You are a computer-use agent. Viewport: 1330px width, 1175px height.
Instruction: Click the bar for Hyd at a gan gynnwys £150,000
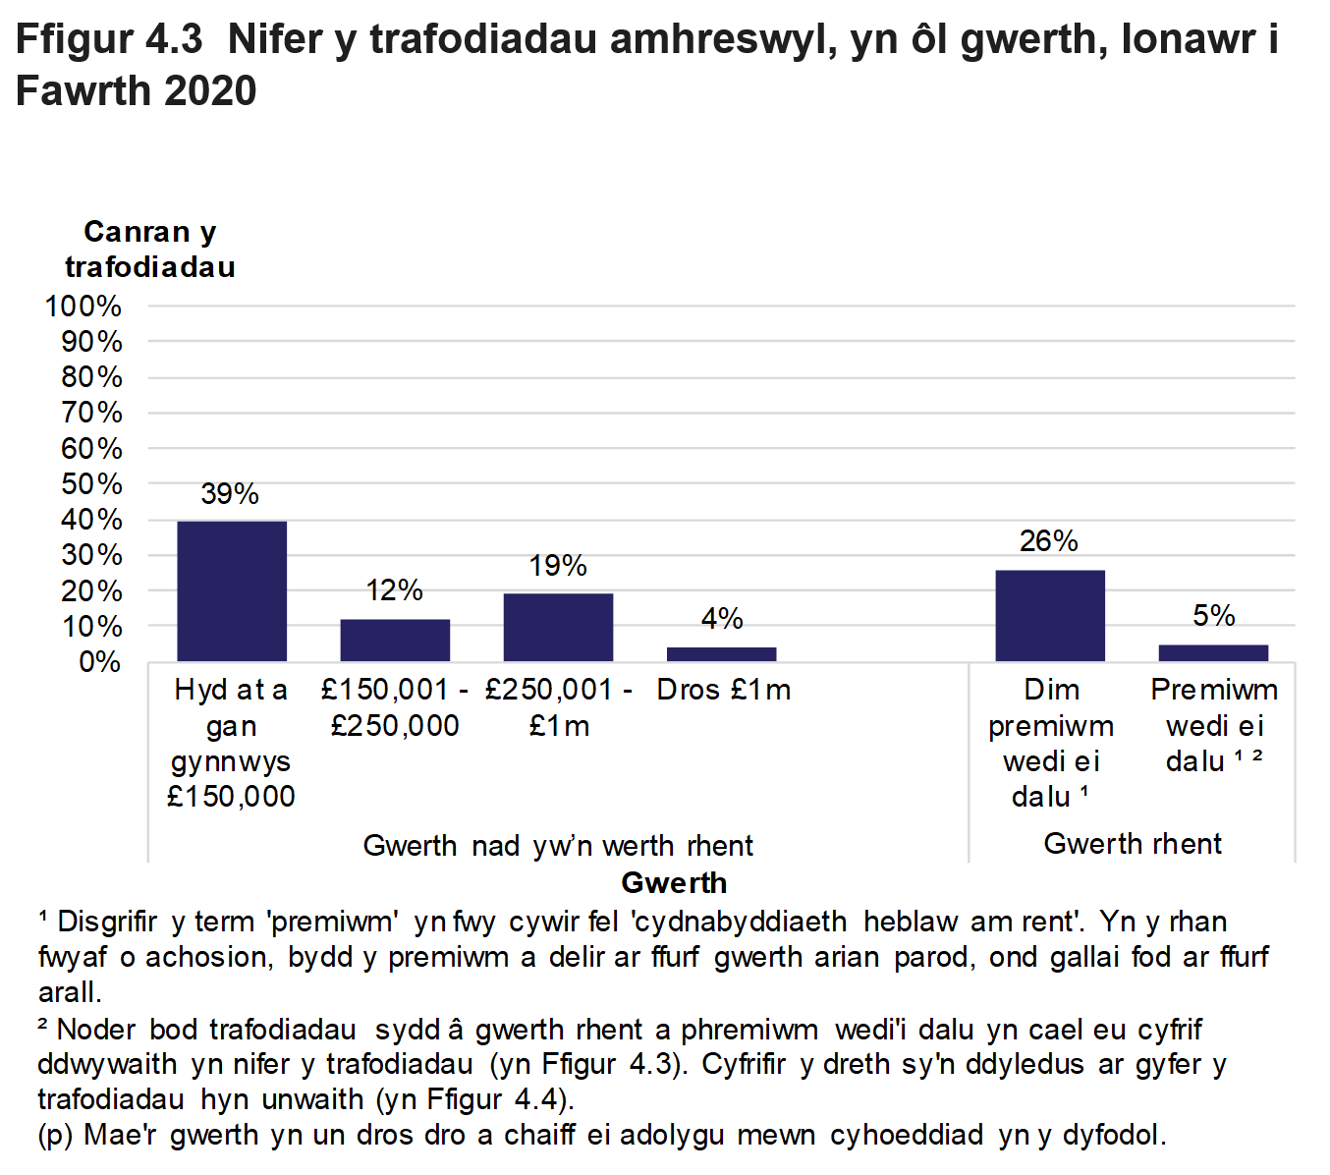(232, 590)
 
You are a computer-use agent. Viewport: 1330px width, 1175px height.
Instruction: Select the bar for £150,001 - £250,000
(395, 640)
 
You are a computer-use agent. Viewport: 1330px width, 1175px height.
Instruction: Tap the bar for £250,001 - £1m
(558, 627)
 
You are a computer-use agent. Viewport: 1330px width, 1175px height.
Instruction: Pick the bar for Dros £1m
(721, 654)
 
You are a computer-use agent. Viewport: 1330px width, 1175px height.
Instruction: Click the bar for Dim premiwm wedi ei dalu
(1050, 615)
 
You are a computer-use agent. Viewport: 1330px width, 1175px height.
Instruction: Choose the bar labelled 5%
(1213, 652)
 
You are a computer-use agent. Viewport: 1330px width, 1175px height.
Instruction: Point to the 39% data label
(230, 494)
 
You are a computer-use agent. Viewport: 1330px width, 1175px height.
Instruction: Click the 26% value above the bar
(1049, 541)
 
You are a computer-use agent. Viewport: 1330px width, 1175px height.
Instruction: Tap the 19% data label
(558, 566)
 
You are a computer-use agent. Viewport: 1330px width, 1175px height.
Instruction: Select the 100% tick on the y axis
(83, 307)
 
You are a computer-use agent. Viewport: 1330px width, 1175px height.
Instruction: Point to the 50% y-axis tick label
(91, 484)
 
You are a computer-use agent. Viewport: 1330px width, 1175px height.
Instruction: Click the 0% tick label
(99, 662)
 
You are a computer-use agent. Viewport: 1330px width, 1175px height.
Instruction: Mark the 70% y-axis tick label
(91, 413)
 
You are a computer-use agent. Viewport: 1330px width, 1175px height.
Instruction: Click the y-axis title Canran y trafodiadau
(150, 250)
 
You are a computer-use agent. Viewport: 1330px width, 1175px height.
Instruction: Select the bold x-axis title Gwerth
(674, 883)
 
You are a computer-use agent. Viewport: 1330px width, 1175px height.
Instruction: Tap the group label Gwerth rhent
(1133, 844)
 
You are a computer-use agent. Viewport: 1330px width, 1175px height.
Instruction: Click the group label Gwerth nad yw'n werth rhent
(558, 846)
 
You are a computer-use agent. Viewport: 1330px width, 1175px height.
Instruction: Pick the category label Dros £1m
(724, 691)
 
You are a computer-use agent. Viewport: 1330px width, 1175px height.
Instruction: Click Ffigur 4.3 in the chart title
(109, 40)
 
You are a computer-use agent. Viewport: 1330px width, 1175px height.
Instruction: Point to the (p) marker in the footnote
(56, 1136)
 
